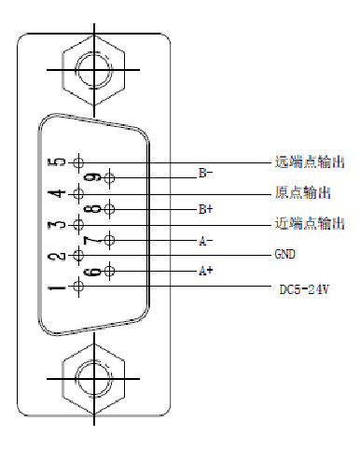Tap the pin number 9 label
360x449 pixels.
click(91, 178)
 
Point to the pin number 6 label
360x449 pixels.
click(91, 272)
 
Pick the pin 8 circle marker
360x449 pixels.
click(111, 209)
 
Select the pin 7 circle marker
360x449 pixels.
click(111, 241)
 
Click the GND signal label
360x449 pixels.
click(284, 255)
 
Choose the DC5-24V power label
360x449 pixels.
click(305, 289)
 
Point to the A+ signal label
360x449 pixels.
click(205, 272)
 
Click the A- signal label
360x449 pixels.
click(205, 240)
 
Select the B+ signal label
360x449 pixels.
click(206, 209)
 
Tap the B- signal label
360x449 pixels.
click(206, 174)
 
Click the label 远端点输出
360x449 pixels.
click(311, 162)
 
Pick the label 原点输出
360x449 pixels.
click(304, 193)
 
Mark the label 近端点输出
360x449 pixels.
click(311, 224)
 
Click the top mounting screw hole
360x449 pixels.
click(92, 69)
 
